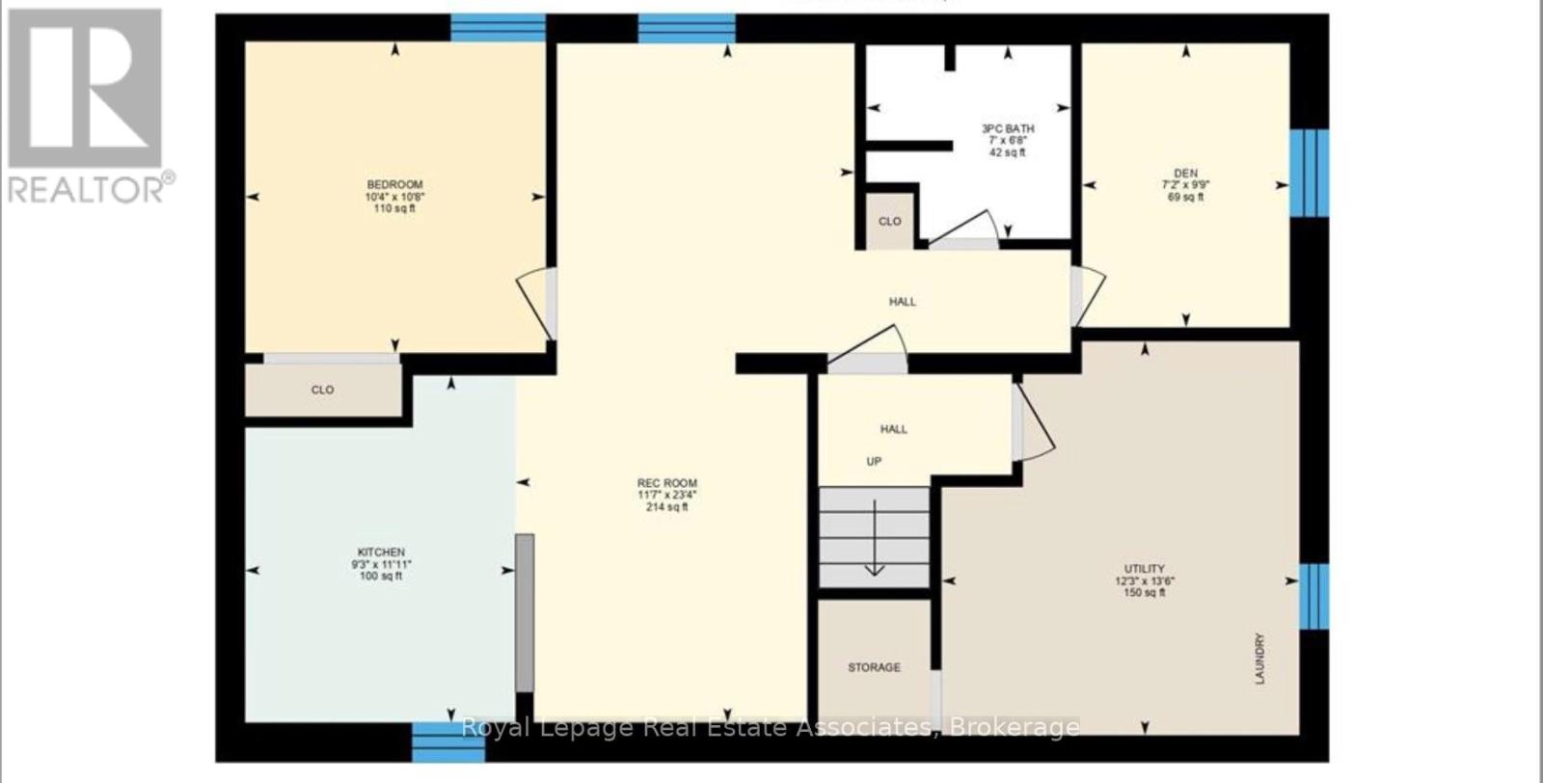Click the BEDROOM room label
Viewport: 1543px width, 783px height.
click(x=394, y=184)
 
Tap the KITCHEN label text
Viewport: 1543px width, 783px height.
click(x=383, y=553)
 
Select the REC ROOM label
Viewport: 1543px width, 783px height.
click(x=666, y=483)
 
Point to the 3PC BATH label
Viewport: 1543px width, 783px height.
click(x=1008, y=128)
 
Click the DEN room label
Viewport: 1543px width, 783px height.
click(x=1185, y=174)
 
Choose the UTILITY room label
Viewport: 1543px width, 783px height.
click(x=1144, y=569)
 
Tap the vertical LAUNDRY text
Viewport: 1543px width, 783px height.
click(x=1259, y=659)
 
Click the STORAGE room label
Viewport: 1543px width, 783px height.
click(x=874, y=667)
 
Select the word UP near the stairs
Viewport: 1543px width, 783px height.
click(x=874, y=462)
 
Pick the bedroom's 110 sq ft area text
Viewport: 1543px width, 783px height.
click(x=394, y=208)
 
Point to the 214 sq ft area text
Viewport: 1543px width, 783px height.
click(x=666, y=507)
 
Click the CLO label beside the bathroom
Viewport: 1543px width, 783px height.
click(x=889, y=222)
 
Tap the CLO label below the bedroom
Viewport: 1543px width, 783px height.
click(x=322, y=390)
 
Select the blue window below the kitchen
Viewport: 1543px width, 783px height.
click(x=447, y=742)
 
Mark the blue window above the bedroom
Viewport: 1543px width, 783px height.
click(x=498, y=27)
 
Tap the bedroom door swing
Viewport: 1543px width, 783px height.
click(x=538, y=301)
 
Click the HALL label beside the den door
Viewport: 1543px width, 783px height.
click(x=902, y=302)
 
